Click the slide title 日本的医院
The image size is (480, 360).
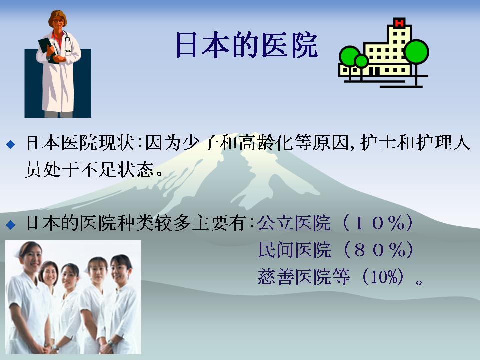click(247, 45)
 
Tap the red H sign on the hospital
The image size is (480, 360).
click(399, 23)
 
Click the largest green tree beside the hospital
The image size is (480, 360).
click(416, 52)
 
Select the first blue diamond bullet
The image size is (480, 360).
click(10, 144)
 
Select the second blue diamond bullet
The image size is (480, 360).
click(10, 225)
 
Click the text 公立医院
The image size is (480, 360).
click(294, 223)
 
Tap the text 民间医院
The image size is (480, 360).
click(294, 250)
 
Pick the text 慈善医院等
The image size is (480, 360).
click(303, 277)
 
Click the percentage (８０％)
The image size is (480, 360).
click(378, 250)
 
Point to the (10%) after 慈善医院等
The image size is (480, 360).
click(383, 277)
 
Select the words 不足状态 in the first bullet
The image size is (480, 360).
click(117, 169)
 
